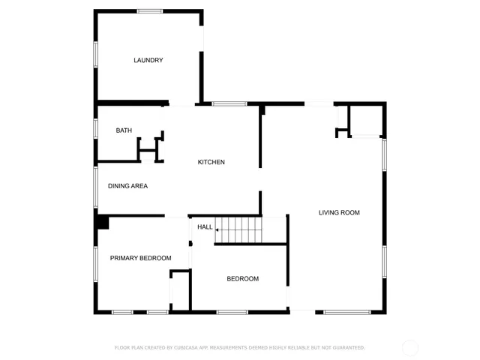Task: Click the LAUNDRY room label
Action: tap(148, 61)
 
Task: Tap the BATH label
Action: tap(124, 130)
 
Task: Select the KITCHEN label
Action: tap(211, 163)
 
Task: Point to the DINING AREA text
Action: tap(127, 186)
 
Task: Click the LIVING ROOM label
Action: tap(339, 213)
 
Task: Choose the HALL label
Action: tap(204, 227)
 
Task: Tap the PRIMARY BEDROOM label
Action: tap(140, 258)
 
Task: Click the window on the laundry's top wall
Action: tap(150, 10)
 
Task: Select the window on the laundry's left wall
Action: tap(95, 55)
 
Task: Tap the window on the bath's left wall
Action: tap(95, 128)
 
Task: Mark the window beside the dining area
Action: tap(95, 186)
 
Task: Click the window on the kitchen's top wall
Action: tap(224, 103)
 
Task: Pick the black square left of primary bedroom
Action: tap(102, 223)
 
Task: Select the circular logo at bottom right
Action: tap(409, 347)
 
